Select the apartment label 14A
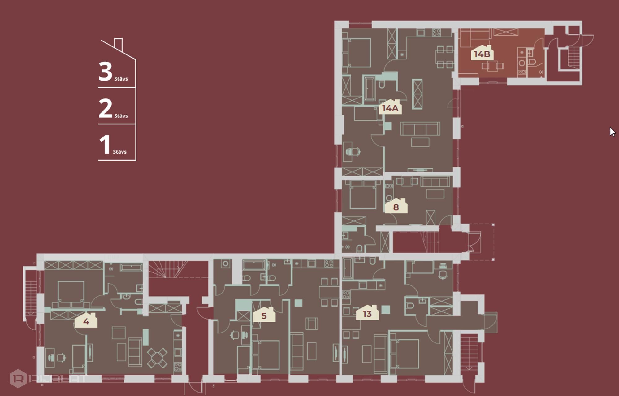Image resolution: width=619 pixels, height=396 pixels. tap(390, 107)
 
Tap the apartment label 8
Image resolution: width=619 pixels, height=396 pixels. tap(396, 207)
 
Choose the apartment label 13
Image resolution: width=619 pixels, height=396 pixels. tap(367, 313)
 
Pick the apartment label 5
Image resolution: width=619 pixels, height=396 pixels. tap(264, 315)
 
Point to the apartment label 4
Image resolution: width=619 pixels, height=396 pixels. tap(86, 321)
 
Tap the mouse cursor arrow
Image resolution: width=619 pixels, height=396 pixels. tap(612, 132)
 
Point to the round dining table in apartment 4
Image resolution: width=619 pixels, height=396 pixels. tap(157, 358)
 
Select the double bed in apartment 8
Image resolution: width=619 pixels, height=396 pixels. tap(363, 195)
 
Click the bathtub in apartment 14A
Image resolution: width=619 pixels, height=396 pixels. tap(369, 89)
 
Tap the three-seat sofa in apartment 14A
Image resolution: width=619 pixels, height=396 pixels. tap(420, 129)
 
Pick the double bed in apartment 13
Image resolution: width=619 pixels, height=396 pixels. tap(404, 354)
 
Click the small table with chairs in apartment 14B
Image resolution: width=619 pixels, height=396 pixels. tap(492, 66)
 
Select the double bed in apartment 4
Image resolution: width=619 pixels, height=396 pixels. tap(71, 294)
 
